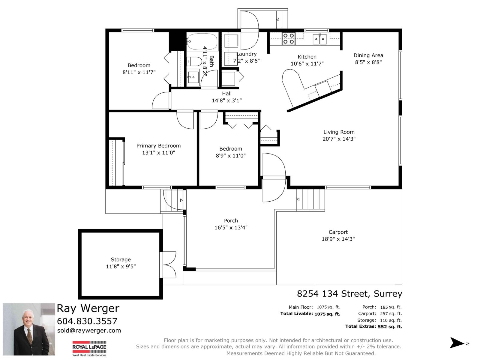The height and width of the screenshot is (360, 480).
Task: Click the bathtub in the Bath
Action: pyautogui.click(x=202, y=41)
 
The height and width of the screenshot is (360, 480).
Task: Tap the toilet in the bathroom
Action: pyautogui.click(x=194, y=61)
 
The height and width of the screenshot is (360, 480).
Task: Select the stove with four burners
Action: pyautogui.click(x=289, y=39)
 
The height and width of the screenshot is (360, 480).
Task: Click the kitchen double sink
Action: pyautogui.click(x=319, y=39)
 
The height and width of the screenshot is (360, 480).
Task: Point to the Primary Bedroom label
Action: pyautogui.click(x=158, y=146)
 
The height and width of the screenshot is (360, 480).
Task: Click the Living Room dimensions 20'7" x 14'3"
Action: pyautogui.click(x=339, y=139)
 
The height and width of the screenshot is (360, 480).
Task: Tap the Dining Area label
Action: pyautogui.click(x=368, y=55)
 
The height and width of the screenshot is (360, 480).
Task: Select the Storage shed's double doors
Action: pyautogui.click(x=168, y=265)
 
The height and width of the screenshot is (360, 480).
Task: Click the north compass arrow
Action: pyautogui.click(x=457, y=343)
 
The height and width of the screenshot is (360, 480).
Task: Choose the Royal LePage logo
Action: pyautogui.click(x=89, y=348)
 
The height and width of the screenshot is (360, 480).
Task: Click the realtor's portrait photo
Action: pyautogui.click(x=29, y=329)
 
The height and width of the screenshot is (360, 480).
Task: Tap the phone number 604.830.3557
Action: pyautogui.click(x=87, y=321)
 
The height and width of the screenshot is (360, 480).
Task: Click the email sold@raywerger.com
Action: pyautogui.click(x=89, y=331)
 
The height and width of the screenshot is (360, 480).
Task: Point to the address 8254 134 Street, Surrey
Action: pyautogui.click(x=349, y=293)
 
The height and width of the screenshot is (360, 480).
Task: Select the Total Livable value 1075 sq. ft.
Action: pyautogui.click(x=327, y=314)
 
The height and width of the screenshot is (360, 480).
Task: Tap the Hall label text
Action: pyautogui.click(x=227, y=94)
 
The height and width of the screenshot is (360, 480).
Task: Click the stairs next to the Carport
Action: pyautogui.click(x=311, y=199)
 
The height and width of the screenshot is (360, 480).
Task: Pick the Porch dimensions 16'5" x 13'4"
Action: pyautogui.click(x=231, y=228)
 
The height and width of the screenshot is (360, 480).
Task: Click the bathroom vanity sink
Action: pyautogui.click(x=193, y=78)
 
